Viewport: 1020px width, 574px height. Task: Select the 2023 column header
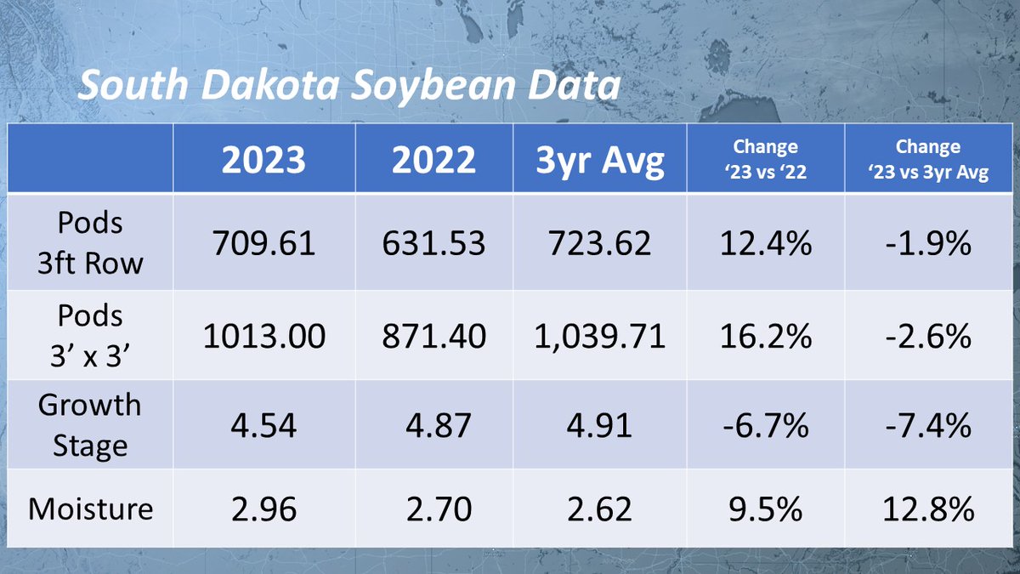pyautogui.click(x=263, y=159)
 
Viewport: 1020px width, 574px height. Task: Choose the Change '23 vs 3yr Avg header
pyautogui.click(x=927, y=158)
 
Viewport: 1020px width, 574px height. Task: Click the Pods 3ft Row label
pyautogui.click(x=90, y=242)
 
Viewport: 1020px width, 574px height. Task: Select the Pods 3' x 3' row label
pyautogui.click(x=90, y=335)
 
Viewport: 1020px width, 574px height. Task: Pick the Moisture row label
pyautogui.click(x=90, y=509)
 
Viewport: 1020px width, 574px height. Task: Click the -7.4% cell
pyautogui.click(x=927, y=424)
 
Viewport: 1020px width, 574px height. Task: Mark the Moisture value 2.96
pyautogui.click(x=263, y=509)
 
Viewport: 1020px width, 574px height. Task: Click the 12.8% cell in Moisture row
pyautogui.click(x=927, y=509)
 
